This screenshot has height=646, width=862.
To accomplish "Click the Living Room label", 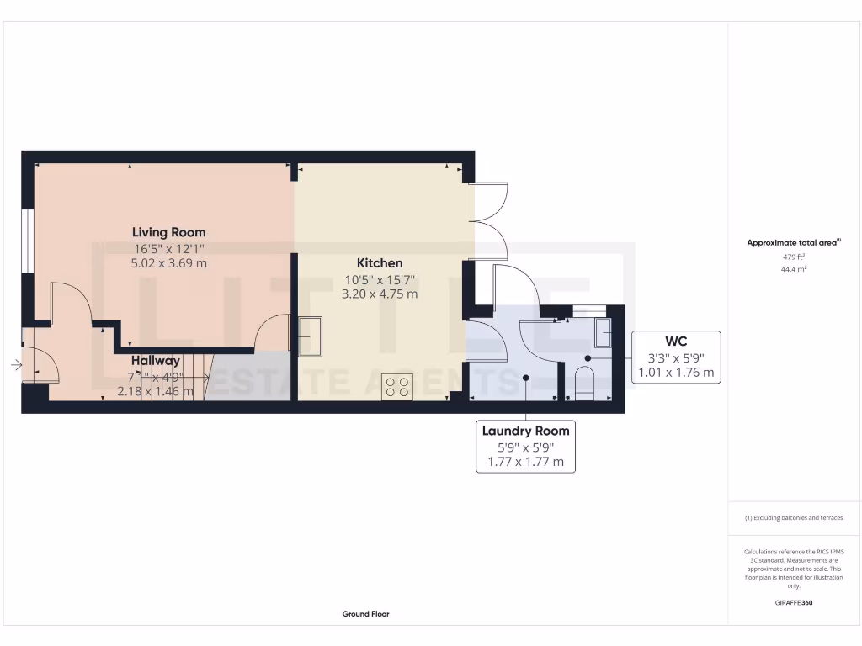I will (168, 232).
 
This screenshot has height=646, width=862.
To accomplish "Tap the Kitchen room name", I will (379, 263).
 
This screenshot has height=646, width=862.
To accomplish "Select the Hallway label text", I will (155, 360).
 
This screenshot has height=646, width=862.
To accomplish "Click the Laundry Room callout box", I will (525, 447).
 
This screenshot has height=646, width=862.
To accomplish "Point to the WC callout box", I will (676, 357).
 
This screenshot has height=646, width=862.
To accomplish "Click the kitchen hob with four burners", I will (397, 386).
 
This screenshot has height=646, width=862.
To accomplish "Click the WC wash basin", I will (603, 333).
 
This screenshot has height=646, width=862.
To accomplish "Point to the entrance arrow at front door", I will (16, 365).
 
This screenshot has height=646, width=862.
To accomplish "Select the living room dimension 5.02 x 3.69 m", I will (168, 263).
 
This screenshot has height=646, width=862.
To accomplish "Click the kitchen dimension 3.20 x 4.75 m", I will (379, 294).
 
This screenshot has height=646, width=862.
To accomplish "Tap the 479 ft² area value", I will (789, 257).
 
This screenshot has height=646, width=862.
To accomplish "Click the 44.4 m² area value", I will (789, 269).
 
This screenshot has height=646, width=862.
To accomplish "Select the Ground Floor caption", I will (365, 614).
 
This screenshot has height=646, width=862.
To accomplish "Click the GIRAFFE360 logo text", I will (794, 602).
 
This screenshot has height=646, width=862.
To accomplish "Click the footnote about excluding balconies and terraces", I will (794, 518).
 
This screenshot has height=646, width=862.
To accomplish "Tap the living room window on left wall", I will (28, 241).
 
